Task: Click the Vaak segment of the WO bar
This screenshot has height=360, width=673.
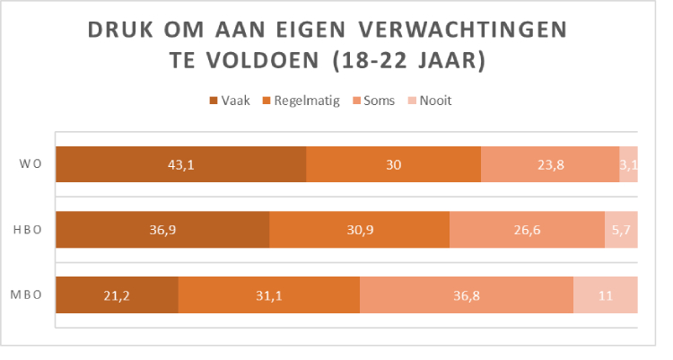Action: (180, 164)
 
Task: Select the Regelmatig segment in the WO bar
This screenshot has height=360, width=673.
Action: (393, 164)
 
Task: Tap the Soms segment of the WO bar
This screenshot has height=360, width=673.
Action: (549, 164)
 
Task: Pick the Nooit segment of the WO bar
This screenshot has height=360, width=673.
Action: (628, 164)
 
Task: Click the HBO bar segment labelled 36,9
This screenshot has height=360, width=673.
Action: (162, 230)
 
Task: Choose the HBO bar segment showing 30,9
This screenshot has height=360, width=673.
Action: (359, 230)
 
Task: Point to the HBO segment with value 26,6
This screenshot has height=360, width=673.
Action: (527, 230)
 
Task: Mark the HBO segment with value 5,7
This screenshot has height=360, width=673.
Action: (621, 230)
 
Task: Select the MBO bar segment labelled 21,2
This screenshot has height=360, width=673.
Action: (117, 294)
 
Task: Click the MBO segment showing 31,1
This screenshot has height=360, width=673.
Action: (269, 294)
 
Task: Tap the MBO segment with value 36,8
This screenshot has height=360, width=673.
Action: (467, 294)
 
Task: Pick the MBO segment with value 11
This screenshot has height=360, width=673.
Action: (606, 294)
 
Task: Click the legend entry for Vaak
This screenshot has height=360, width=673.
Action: (229, 101)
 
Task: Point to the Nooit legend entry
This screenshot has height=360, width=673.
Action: (429, 101)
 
